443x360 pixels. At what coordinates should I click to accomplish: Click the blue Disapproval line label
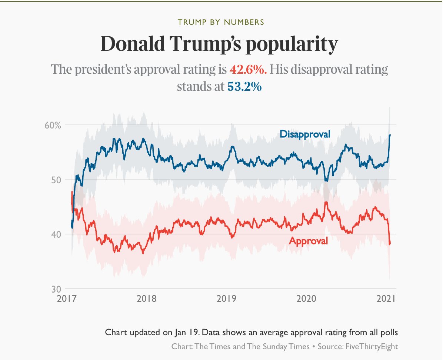305,134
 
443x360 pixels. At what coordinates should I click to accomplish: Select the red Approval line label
308,241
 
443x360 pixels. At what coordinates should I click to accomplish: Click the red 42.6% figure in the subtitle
248,69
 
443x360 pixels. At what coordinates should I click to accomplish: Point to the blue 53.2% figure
244,87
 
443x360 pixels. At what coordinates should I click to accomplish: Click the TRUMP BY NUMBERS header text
221,22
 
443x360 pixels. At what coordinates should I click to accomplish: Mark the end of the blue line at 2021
390,135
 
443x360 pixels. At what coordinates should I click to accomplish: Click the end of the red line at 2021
390,243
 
